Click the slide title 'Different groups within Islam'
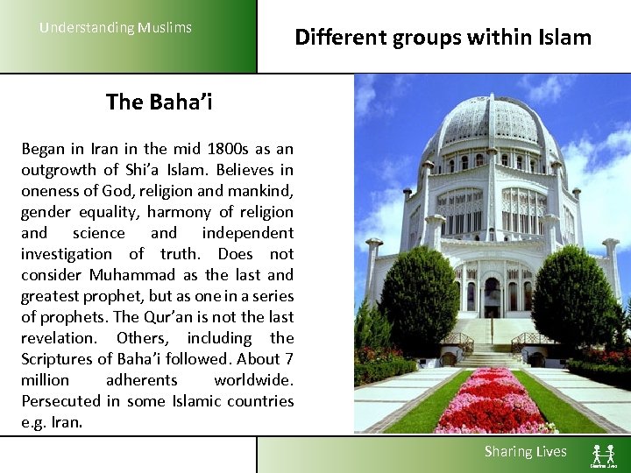click(x=443, y=37)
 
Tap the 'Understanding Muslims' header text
click(x=115, y=27)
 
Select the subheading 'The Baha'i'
click(x=159, y=102)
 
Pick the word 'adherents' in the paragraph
click(x=141, y=380)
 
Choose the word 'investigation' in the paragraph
click(x=67, y=254)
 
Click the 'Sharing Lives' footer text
click(x=526, y=452)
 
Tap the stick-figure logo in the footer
click(x=603, y=454)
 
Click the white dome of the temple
click(x=492, y=123)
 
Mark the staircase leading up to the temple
click(x=493, y=346)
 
